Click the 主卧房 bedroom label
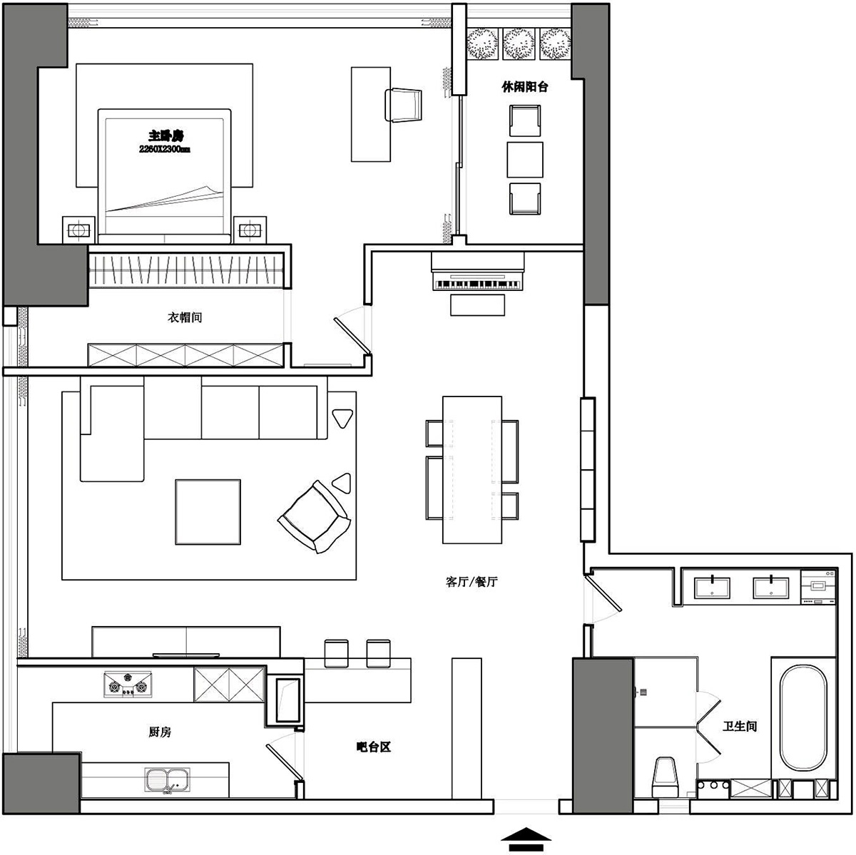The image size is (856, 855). click(165, 135)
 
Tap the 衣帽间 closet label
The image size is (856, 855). click(185, 317)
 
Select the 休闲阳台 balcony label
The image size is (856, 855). click(524, 86)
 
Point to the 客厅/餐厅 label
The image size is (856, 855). click(472, 581)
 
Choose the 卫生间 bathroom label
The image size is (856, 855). click(740, 726)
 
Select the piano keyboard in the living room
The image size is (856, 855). click(478, 285)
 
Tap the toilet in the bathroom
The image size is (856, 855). click(665, 777)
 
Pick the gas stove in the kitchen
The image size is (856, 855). click(128, 685)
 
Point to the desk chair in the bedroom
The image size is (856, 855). click(403, 106)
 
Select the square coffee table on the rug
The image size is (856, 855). click(208, 512)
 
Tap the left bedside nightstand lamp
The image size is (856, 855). click(78, 230)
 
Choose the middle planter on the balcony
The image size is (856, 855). click(519, 44)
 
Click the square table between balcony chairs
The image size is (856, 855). click(524, 160)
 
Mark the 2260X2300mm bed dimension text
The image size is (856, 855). click(165, 149)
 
